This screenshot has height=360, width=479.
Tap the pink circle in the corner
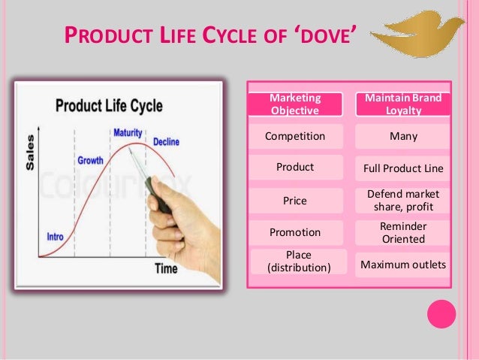[x=441, y=314]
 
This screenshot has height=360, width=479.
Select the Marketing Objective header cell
[x=295, y=104]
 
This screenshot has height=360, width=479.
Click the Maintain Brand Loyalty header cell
[x=402, y=104]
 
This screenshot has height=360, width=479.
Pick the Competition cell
[x=295, y=136]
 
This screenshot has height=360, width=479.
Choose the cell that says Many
[x=402, y=136]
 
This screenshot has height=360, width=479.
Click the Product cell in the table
[x=295, y=167]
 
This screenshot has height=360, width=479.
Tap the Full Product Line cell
[x=402, y=167]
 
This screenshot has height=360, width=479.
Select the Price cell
[x=295, y=201]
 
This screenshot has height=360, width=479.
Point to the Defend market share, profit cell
[x=402, y=200]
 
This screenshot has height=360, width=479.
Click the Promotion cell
[x=295, y=232]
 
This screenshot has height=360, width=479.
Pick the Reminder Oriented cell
[x=402, y=232]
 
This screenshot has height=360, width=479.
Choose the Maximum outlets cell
[x=402, y=265]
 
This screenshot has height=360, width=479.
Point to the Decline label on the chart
[x=166, y=141]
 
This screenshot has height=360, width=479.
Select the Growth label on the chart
[x=90, y=161]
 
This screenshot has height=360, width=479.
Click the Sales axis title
[x=29, y=152]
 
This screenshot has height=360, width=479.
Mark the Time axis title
[x=165, y=268]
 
